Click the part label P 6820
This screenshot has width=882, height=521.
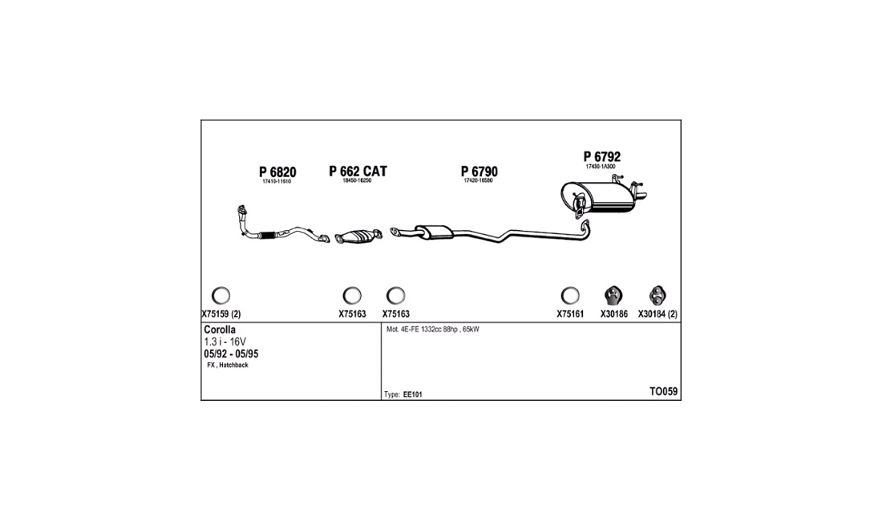click(277, 172)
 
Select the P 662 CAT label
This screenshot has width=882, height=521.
click(358, 171)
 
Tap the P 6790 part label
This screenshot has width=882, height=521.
click(479, 172)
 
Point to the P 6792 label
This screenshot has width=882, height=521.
click(601, 157)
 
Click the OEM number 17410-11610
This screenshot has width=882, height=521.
click(277, 181)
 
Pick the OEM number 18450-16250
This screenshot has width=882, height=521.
click(357, 180)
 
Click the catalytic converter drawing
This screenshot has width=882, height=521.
click(358, 237)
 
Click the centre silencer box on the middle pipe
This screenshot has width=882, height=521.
click(435, 232)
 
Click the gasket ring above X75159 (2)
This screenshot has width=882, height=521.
click(220, 295)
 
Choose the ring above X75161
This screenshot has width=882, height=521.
click(570, 295)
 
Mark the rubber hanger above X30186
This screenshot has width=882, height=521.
click(613, 295)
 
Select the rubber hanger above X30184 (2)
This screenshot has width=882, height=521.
click(657, 295)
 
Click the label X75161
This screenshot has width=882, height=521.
click(570, 314)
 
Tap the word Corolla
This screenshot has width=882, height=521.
click(220, 330)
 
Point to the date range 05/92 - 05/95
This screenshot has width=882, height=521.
click(231, 354)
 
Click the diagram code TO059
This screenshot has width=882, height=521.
click(664, 392)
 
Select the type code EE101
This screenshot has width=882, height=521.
click(412, 394)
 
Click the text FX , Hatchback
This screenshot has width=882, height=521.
click(227, 366)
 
